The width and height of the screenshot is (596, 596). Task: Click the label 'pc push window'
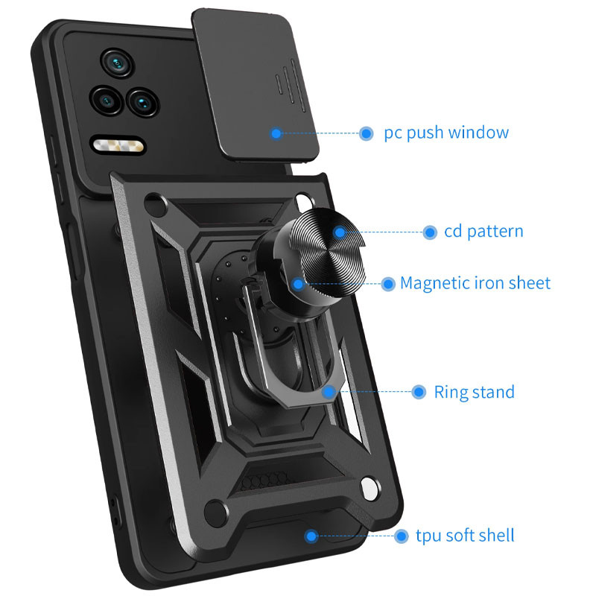446,133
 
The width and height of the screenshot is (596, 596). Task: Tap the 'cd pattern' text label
484,232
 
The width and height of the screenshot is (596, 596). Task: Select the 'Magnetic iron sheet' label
475,283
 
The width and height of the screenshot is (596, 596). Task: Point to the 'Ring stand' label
474,392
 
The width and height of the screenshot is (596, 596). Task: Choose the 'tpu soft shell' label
465,536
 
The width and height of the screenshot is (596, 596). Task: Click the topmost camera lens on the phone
117,63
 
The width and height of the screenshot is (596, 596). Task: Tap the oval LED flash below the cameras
118,145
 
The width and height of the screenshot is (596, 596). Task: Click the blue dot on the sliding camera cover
276,133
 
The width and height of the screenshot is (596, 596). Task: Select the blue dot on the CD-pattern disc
340,232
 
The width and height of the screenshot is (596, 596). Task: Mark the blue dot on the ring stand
329,392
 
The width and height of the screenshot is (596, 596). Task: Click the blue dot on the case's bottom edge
311,536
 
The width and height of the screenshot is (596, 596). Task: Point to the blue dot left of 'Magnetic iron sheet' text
388,284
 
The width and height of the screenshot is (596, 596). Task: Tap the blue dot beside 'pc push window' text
366,133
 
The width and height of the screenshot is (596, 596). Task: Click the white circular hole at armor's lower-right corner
370,488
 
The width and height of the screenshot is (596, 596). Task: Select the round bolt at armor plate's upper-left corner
156,204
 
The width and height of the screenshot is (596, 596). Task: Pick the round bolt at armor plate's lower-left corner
215,513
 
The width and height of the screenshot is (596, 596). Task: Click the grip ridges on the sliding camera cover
291,86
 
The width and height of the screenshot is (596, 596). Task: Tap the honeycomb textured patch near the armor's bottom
263,479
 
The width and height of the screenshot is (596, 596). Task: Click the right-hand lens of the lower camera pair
143,102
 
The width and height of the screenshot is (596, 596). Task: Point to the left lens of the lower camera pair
107,101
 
